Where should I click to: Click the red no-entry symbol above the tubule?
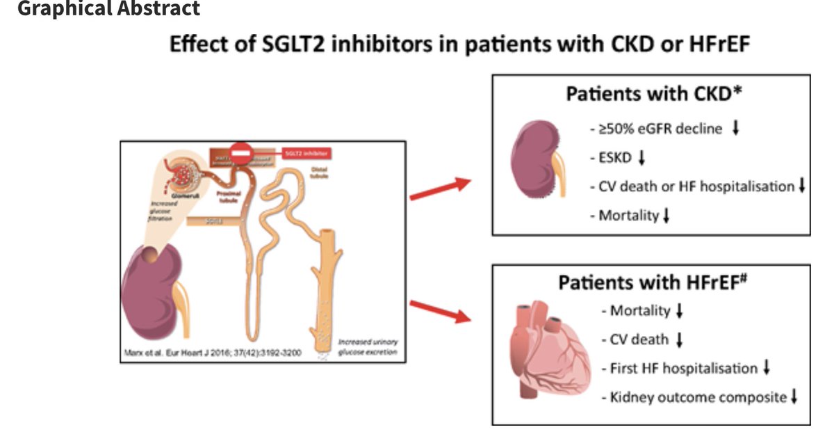click(240, 152)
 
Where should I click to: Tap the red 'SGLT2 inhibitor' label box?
click(304, 152)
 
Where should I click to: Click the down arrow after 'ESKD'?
click(641, 158)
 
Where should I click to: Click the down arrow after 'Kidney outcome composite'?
click(794, 397)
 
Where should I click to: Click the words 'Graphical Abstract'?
click(108, 8)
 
